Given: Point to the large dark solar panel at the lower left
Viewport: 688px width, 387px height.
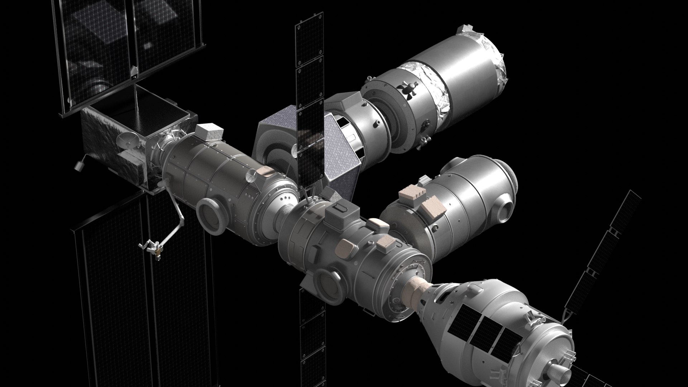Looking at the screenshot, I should coord(143,287).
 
